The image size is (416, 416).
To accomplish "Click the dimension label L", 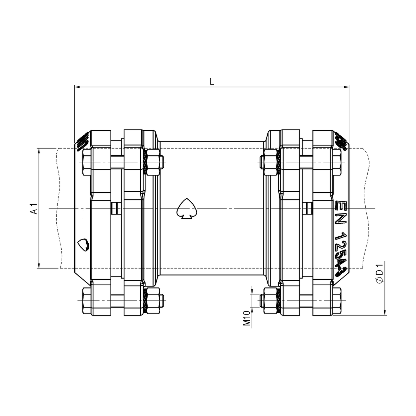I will coord(211,81).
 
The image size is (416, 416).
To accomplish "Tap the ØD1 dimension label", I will coord(379,272).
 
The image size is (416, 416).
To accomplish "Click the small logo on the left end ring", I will coord(83,244).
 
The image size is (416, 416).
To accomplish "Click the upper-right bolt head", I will coord(336,162).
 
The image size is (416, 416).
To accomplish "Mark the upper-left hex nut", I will coord(153,162).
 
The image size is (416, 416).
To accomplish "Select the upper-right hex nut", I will coord(270,162).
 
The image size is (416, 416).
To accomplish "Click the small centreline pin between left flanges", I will coord(115,208).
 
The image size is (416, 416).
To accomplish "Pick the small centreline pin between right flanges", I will coord(309,208).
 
